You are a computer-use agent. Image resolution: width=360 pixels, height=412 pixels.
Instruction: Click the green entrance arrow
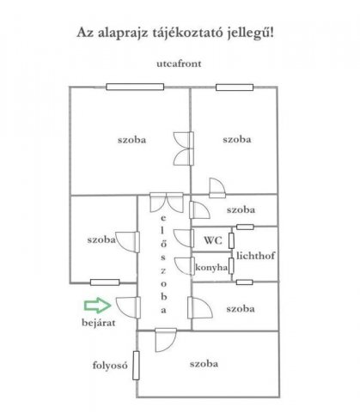[97, 305]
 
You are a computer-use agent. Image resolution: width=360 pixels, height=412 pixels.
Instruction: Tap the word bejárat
[99, 323]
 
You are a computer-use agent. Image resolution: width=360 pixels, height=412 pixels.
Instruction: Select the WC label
[213, 240]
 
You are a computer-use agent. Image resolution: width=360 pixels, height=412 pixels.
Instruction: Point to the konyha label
[211, 268]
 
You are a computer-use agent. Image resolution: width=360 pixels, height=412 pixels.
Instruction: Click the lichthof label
[255, 256]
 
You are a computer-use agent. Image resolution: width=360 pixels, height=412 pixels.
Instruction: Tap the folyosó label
[110, 366]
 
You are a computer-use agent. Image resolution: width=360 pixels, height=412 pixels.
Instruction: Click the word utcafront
[179, 64]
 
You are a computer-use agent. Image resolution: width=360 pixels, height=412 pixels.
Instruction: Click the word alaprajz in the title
[124, 33]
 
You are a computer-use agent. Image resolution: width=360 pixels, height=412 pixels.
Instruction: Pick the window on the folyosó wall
[136, 366]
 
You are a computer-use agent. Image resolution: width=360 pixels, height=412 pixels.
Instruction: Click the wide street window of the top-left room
[135, 87]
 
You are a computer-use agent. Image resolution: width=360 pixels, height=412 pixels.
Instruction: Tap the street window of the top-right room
[235, 88]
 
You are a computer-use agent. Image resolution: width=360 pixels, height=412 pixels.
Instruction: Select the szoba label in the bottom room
[204, 364]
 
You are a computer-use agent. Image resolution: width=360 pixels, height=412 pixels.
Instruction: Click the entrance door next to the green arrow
[129, 307]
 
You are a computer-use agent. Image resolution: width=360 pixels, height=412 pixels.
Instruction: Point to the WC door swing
[184, 238]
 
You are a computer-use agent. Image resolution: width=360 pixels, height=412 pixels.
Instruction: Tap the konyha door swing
[185, 266]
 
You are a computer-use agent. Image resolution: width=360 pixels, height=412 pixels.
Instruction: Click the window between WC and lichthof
[231, 240]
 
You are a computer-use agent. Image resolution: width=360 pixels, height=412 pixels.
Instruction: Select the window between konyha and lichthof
[231, 266]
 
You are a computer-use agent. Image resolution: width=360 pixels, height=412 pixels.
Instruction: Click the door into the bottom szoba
[166, 340]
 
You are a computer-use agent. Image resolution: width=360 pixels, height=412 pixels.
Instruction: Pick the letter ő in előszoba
[163, 244]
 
